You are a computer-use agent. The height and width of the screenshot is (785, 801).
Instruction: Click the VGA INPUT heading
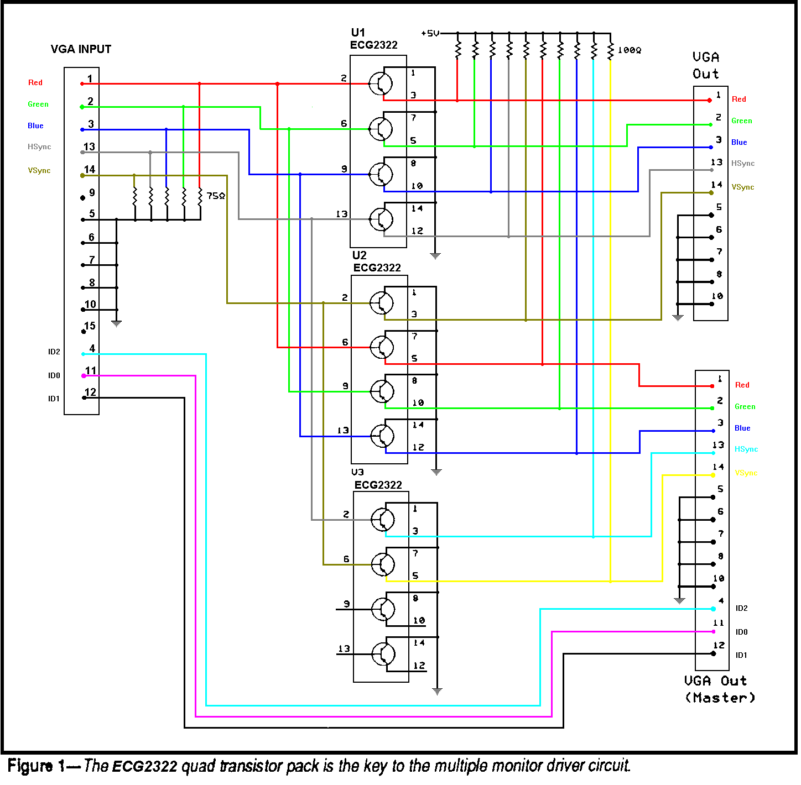[81, 49]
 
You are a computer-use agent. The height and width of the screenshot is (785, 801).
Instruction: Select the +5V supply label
[430, 34]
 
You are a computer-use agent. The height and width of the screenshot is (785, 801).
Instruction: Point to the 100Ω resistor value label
[629, 50]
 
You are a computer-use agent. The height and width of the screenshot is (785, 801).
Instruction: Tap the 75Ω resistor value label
[216, 196]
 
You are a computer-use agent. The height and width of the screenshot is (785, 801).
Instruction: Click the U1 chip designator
[358, 32]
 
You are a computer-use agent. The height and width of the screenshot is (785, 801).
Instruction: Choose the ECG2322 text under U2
[377, 268]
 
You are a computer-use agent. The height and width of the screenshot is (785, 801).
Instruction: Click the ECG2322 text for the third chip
[378, 485]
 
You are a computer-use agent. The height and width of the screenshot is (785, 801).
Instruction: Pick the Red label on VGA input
[35, 83]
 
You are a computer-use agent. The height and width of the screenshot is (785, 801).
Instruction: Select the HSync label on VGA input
[39, 147]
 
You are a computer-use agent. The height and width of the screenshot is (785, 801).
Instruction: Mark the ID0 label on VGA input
[54, 376]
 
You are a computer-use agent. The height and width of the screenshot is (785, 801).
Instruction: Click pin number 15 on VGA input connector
[90, 326]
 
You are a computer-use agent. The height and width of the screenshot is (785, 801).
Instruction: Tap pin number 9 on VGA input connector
[92, 192]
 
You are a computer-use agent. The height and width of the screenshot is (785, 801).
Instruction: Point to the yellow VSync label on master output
[746, 473]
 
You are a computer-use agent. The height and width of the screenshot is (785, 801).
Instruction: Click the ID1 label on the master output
[741, 656]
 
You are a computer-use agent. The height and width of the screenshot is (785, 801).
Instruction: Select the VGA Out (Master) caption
[719, 689]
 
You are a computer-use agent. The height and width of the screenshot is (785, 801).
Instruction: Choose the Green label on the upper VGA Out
[741, 121]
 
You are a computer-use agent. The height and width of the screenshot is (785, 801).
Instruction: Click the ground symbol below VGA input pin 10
[116, 323]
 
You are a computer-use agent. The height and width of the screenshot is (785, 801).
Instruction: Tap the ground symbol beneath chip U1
[435, 255]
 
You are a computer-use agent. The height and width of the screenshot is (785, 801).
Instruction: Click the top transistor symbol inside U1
[381, 84]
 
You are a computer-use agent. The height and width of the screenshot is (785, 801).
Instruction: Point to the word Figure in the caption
[31, 766]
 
